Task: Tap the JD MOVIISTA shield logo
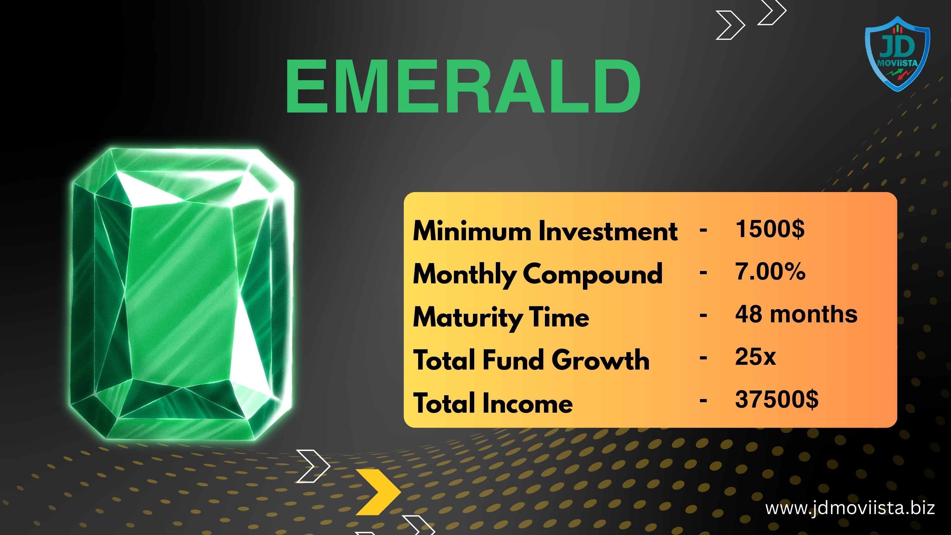[x=897, y=54]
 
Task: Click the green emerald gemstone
[x=182, y=294]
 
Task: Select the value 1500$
[x=770, y=229]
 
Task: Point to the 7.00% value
[x=770, y=271]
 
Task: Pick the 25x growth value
[x=755, y=357]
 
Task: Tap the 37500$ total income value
[x=777, y=399]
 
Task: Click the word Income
[x=527, y=403]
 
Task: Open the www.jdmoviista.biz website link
[x=850, y=508]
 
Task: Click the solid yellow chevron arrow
[x=378, y=492]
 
